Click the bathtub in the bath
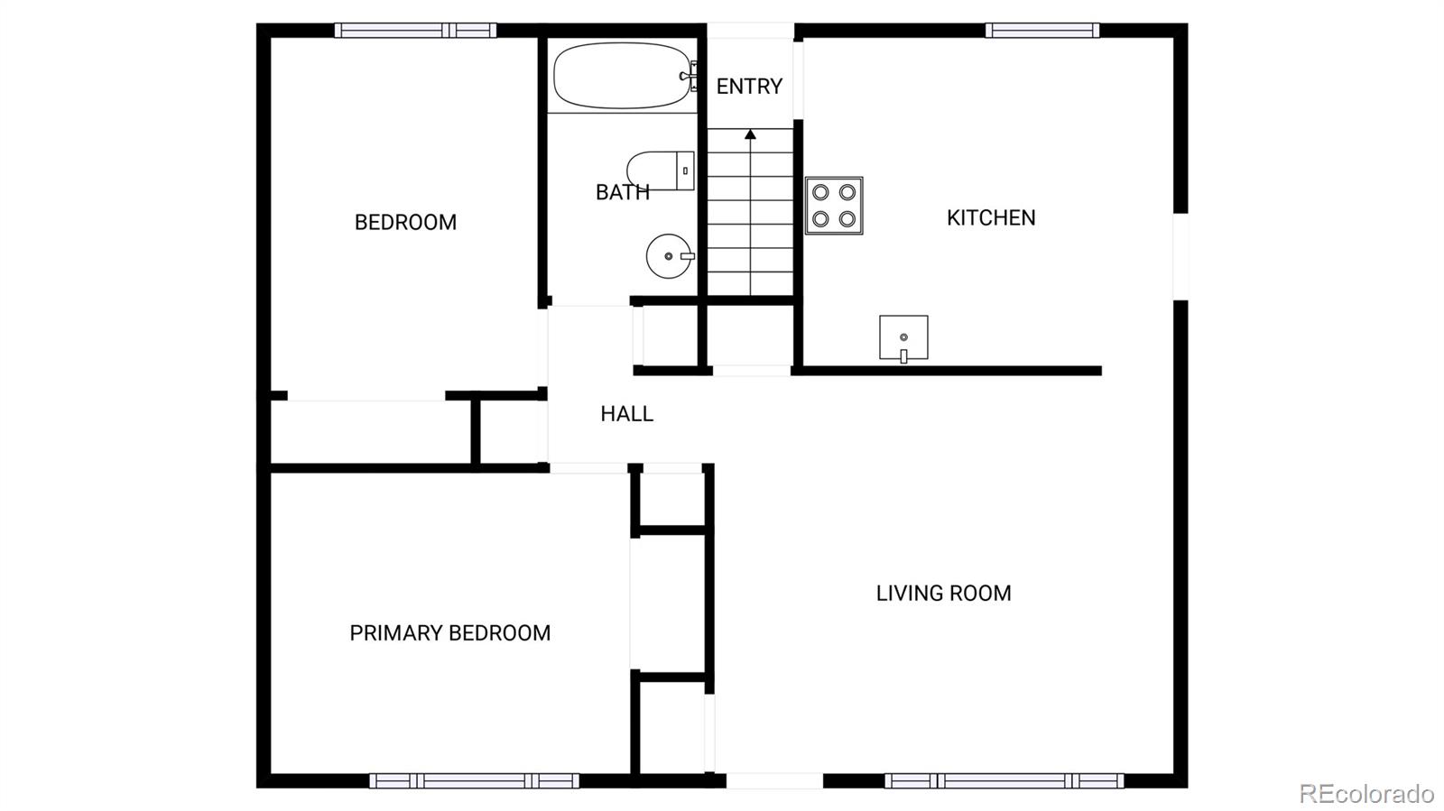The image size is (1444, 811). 621,76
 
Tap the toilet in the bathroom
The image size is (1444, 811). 660,170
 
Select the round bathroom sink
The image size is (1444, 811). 669,256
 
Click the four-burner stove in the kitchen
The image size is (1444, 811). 834,206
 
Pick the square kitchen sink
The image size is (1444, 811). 903,337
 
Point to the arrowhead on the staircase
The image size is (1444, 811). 750,134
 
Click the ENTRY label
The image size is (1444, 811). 749,87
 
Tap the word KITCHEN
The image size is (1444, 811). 991,217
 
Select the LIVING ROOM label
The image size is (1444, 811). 943,593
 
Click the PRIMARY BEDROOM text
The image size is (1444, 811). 449,633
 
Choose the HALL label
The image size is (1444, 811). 626,414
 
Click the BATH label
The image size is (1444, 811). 622,192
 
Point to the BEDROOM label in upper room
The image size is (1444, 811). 405,222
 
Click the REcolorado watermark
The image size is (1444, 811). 1365,794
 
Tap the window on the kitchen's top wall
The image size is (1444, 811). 1041,31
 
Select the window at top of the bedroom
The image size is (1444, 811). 415,31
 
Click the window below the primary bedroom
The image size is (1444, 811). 474,780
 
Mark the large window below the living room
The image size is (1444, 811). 1004,780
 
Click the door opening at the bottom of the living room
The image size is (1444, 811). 774,780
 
